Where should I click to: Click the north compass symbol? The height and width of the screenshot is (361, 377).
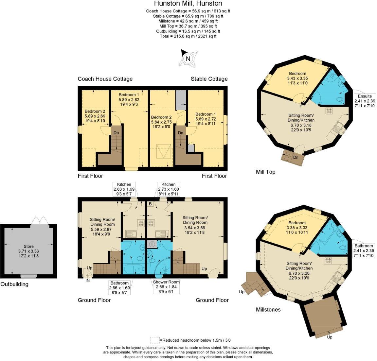(x=188, y=59)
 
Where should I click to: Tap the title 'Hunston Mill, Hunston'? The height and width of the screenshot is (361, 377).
(x=188, y=4)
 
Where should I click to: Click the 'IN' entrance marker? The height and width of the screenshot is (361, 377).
(x=87, y=280)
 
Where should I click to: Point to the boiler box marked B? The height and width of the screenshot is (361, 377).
(x=150, y=204)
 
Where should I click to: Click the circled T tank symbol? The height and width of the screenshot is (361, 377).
(x=152, y=244)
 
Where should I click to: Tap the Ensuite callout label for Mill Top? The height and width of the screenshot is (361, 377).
(x=365, y=101)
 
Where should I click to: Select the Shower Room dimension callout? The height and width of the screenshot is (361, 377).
(x=166, y=287)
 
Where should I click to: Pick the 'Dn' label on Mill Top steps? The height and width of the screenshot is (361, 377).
(x=296, y=157)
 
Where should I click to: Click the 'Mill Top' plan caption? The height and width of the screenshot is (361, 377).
(x=265, y=172)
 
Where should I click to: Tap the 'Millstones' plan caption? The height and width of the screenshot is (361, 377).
(x=268, y=309)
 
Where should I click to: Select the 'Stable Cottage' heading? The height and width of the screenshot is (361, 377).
(x=209, y=79)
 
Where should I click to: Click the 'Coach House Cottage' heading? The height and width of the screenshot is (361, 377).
(x=105, y=79)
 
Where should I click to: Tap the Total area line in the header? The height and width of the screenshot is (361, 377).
(x=188, y=36)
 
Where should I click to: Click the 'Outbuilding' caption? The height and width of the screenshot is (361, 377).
(x=14, y=284)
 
